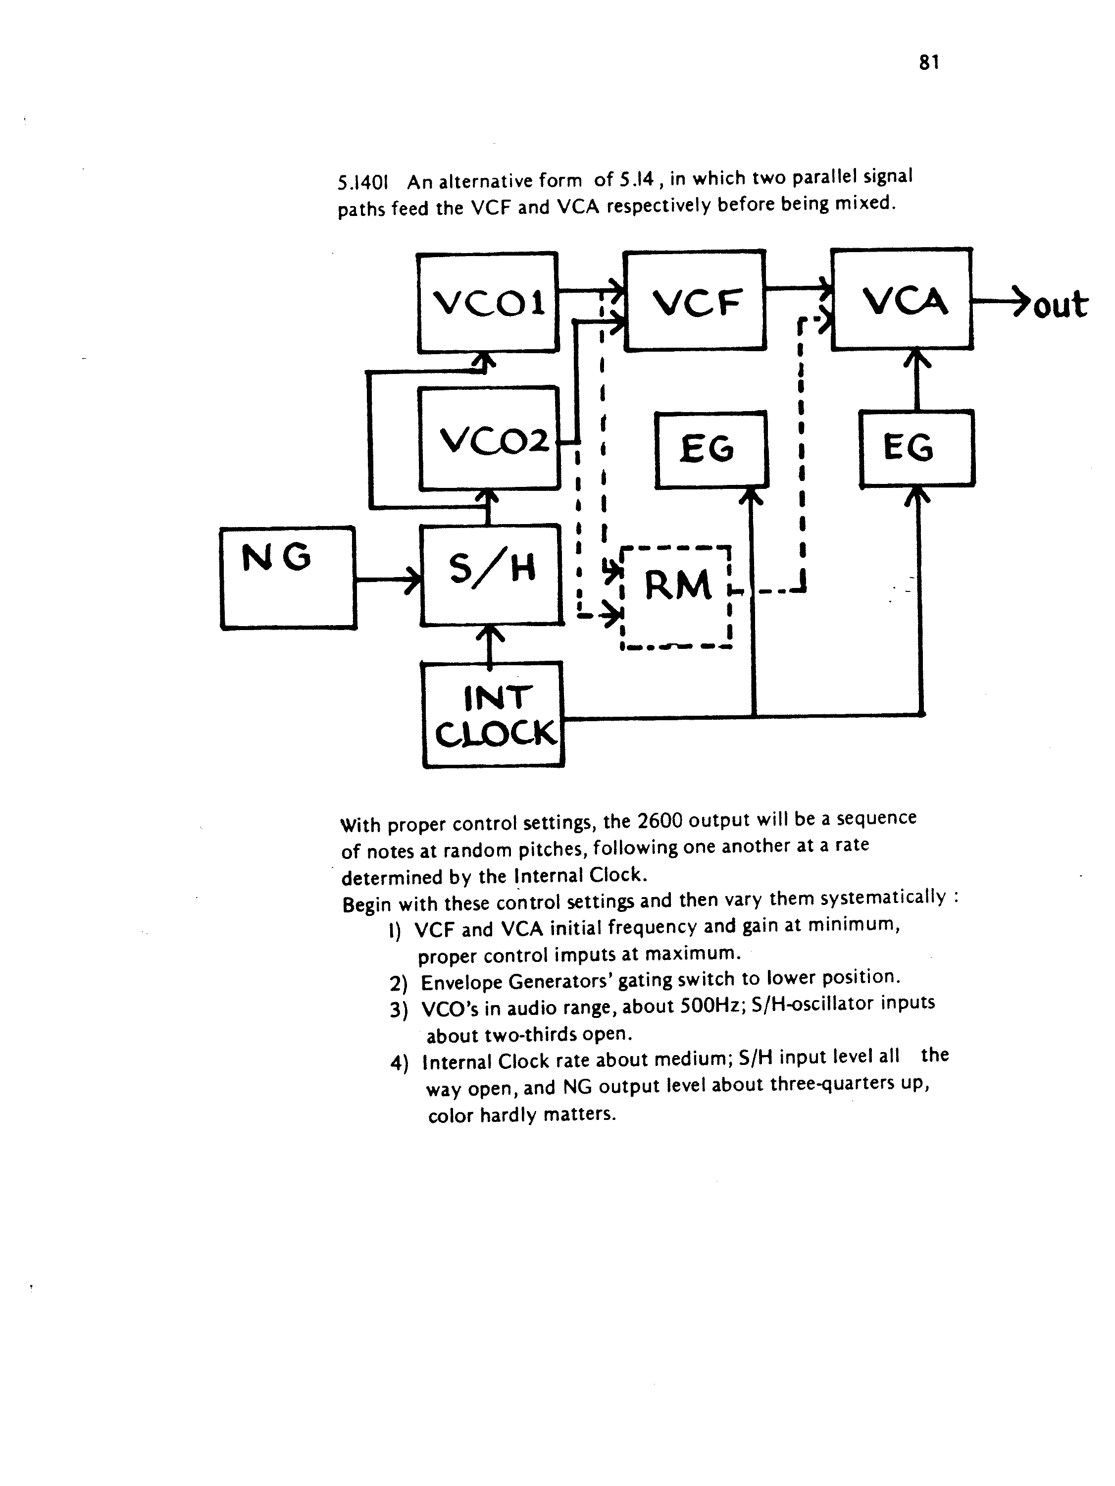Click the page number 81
[x=929, y=62]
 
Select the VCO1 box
[x=488, y=302]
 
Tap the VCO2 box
[x=489, y=438]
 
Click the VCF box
[x=695, y=300]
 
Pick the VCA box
[x=902, y=299]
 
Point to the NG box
[x=288, y=578]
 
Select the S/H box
[x=491, y=575]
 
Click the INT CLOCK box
[x=494, y=715]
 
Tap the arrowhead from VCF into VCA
[x=824, y=285]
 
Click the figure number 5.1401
[x=364, y=183]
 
